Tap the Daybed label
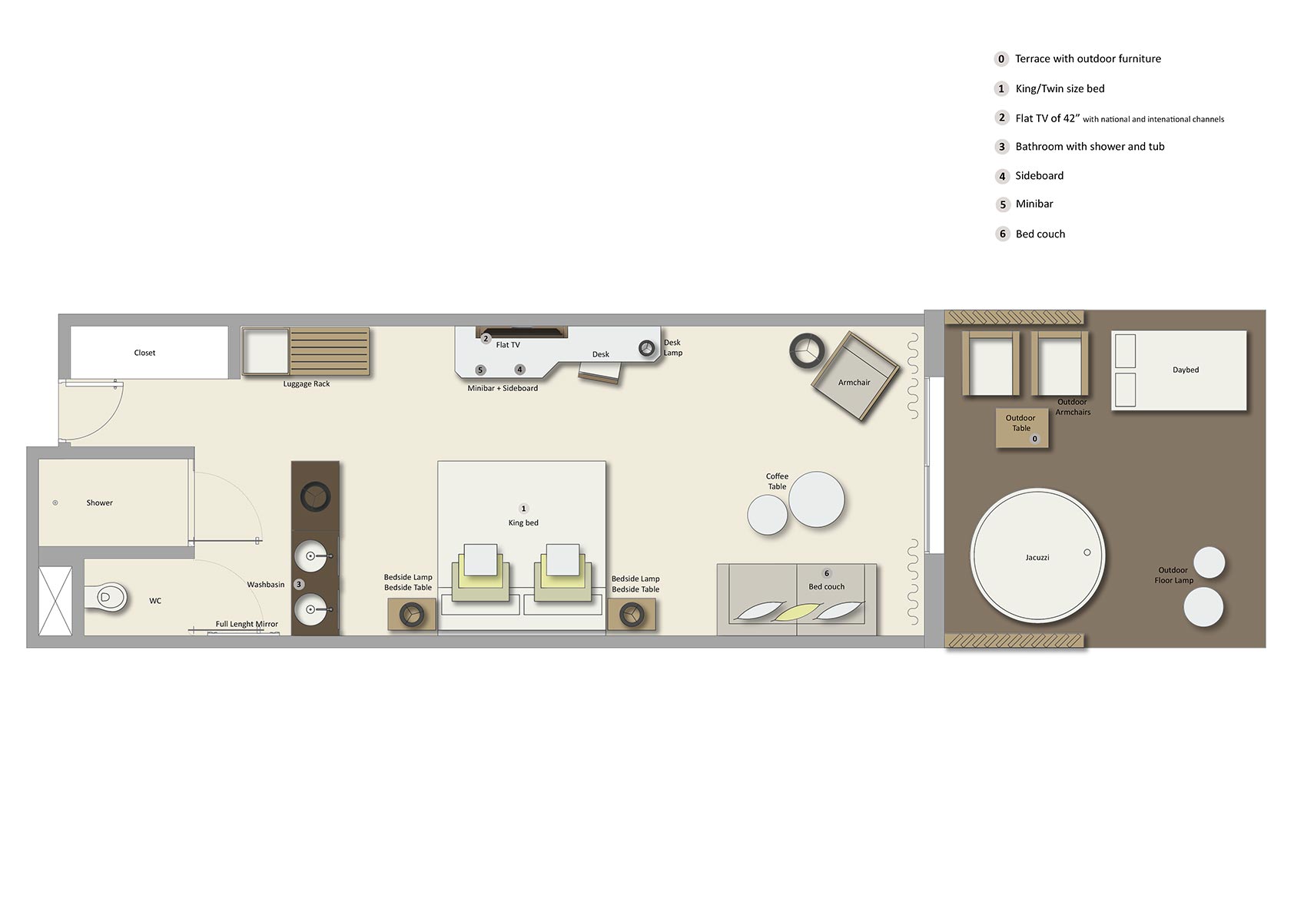pyautogui.click(x=1185, y=370)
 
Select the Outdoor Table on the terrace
pyautogui.click(x=1021, y=428)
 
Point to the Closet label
pyautogui.click(x=144, y=353)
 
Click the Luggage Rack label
pyautogui.click(x=306, y=383)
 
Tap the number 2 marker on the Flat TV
pyautogui.click(x=486, y=338)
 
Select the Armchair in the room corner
pyautogui.click(x=854, y=377)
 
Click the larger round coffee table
pyautogui.click(x=816, y=499)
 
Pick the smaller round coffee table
pyautogui.click(x=767, y=515)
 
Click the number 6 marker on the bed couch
pyautogui.click(x=827, y=573)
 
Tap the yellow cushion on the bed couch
pyautogui.click(x=796, y=612)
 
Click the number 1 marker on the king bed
pyautogui.click(x=524, y=509)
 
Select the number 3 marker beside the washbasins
pyautogui.click(x=299, y=585)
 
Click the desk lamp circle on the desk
pyautogui.click(x=646, y=348)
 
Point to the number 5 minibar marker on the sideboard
pyautogui.click(x=480, y=370)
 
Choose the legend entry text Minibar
pyautogui.click(x=1034, y=204)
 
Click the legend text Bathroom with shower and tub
pyautogui.click(x=1090, y=147)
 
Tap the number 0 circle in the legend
pyautogui.click(x=1001, y=59)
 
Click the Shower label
pyautogui.click(x=99, y=502)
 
